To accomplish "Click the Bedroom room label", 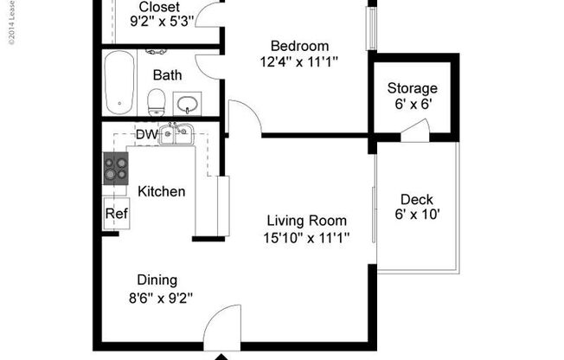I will tap(299, 46).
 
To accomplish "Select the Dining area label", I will tap(157, 280).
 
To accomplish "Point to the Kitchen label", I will tap(162, 191).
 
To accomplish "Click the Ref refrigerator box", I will tap(116, 213).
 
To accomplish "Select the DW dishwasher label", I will tap(145, 134).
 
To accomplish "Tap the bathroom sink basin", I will tap(188, 105).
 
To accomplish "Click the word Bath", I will tap(167, 75).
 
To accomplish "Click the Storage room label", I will tap(412, 88).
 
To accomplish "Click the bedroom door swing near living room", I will tap(244, 117).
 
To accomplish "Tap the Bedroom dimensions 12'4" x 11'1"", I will tap(299, 61).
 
